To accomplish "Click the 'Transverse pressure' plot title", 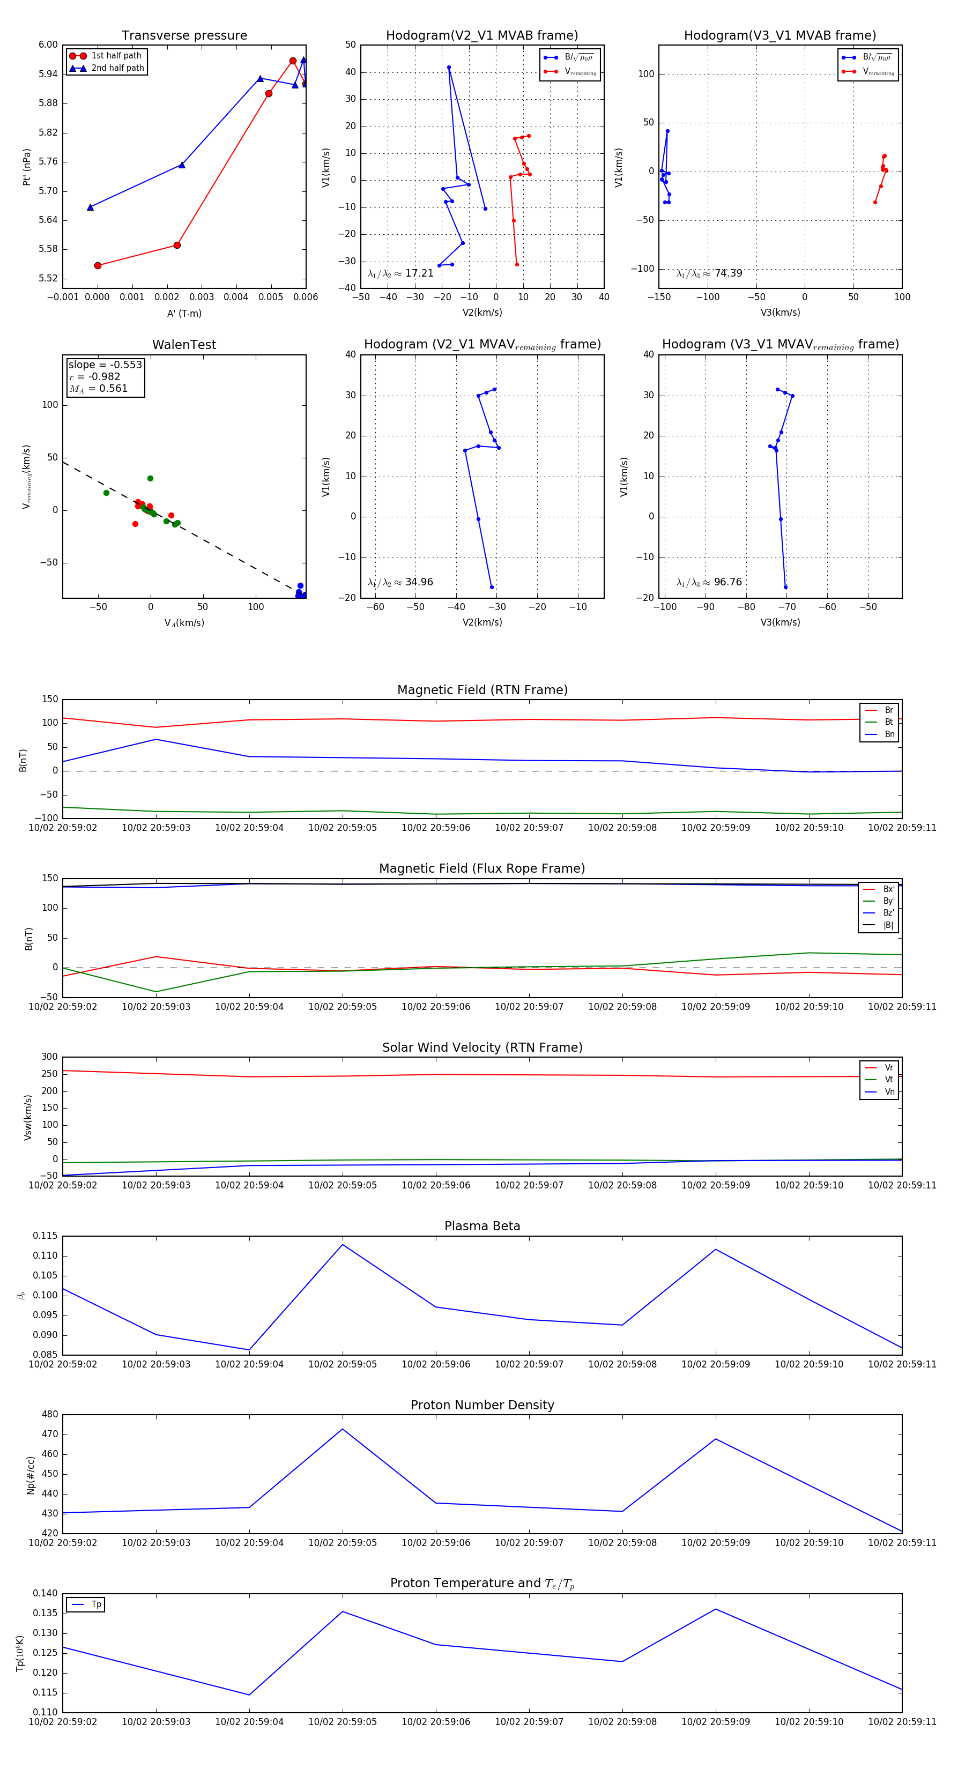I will pyautogui.click(x=184, y=36).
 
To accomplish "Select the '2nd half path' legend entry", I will pyautogui.click(x=117, y=68).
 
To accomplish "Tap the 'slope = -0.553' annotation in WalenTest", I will pyautogui.click(x=105, y=365).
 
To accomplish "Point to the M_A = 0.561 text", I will pyautogui.click(x=98, y=389).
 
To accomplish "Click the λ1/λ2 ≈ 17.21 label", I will pyautogui.click(x=400, y=273).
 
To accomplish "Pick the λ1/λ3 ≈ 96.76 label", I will pyautogui.click(x=709, y=582).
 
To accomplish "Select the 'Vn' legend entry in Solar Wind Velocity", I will pyautogui.click(x=889, y=1092).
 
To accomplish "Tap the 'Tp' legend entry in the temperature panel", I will pyautogui.click(x=96, y=1605).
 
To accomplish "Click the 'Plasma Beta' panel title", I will pyautogui.click(x=482, y=1227).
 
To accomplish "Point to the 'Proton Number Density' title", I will pyautogui.click(x=482, y=1405).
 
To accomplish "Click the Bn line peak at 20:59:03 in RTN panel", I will pyautogui.click(x=156, y=740).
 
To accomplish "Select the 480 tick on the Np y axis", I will pyautogui.click(x=49, y=1415).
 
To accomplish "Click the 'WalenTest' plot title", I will pyautogui.click(x=184, y=345).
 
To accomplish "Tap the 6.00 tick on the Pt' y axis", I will pyautogui.click(x=48, y=44).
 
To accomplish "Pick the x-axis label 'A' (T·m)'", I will pyautogui.click(x=184, y=313).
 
